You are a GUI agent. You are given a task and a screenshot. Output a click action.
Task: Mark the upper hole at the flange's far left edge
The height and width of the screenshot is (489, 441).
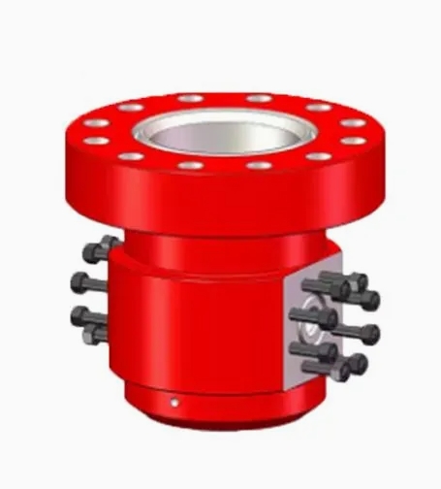coord(95,123)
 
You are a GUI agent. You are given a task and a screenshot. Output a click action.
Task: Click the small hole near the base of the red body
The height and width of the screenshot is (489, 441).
coord(175,401)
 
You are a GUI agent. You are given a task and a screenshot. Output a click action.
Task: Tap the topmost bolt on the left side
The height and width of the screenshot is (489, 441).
coord(98,249)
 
